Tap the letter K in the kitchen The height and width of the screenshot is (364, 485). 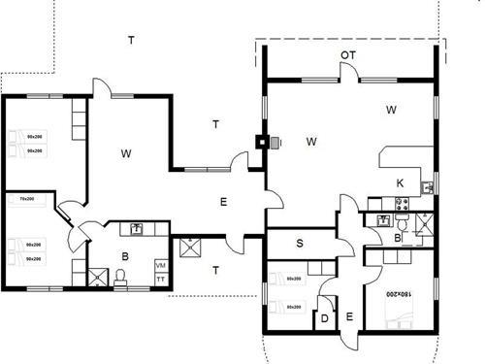pyautogui.click(x=400, y=182)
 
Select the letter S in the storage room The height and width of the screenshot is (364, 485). pyautogui.click(x=300, y=243)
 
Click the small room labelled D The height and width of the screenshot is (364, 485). pyautogui.click(x=325, y=316)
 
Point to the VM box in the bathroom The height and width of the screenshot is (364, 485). pyautogui.click(x=161, y=265)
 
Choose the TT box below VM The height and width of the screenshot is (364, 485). pyautogui.click(x=161, y=279)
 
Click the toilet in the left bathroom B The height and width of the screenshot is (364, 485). pyautogui.click(x=120, y=278)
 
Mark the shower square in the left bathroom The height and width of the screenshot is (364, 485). pyautogui.click(x=97, y=277)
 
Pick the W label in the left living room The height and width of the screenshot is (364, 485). pyautogui.click(x=127, y=153)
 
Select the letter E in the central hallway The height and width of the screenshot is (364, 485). pyautogui.click(x=222, y=202)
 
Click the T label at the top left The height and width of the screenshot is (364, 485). pyautogui.click(x=131, y=40)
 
